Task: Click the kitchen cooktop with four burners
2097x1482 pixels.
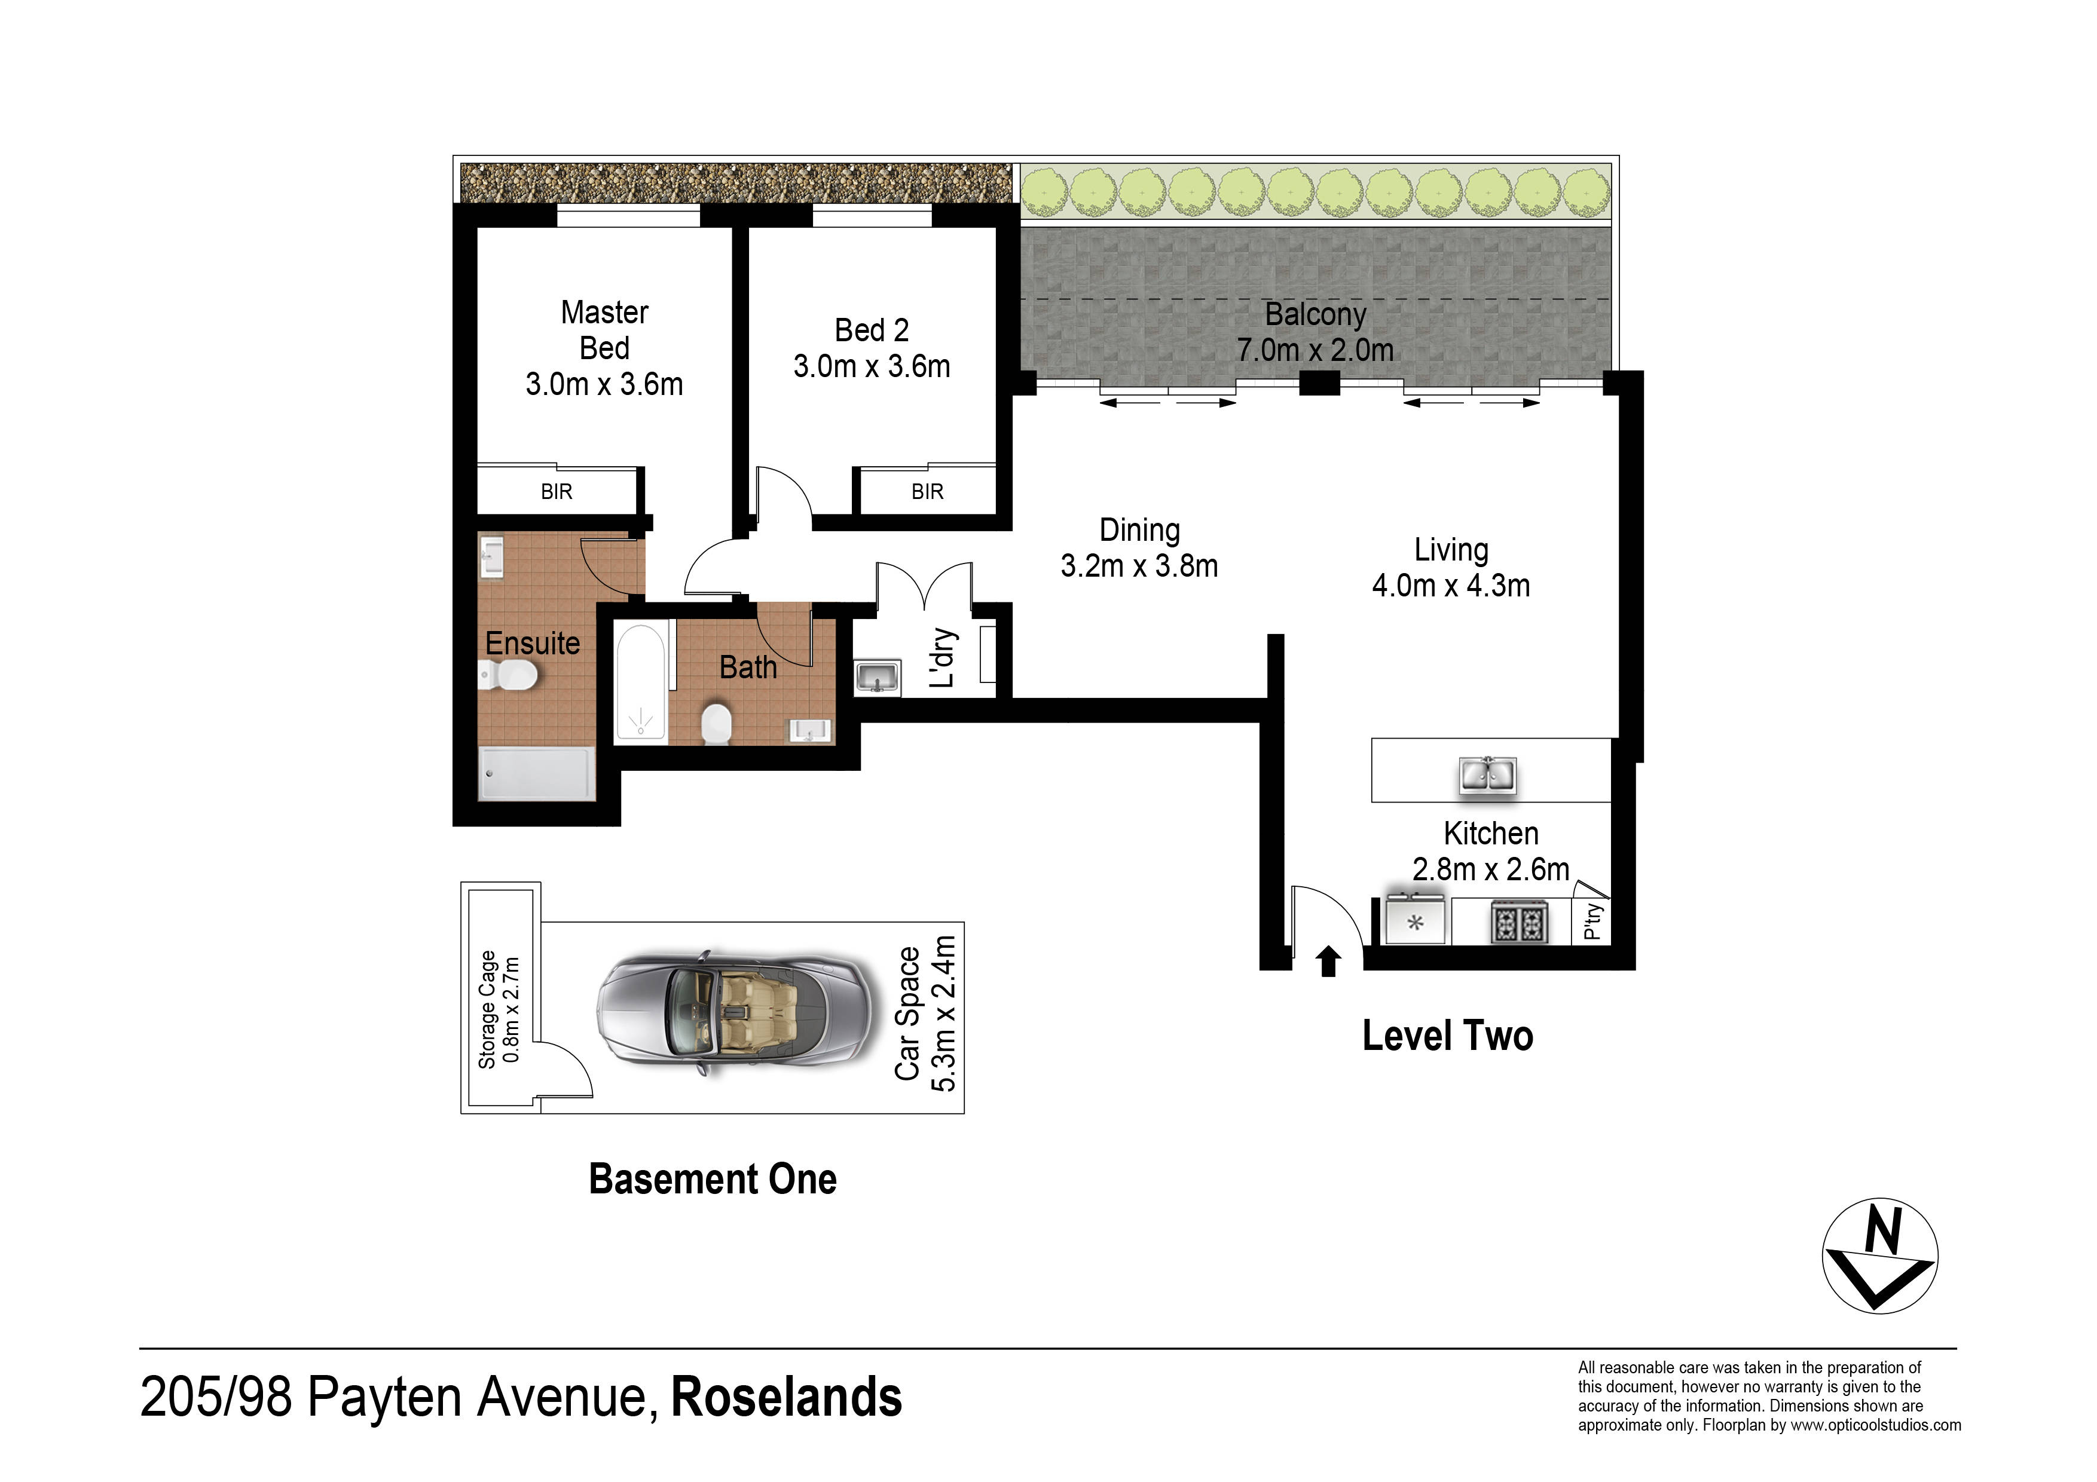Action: [1520, 921]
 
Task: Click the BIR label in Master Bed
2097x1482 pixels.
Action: [556, 492]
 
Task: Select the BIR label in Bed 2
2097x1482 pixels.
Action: [927, 492]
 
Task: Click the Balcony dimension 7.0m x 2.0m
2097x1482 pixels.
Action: [1315, 350]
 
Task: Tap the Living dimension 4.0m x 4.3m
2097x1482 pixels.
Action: [1451, 585]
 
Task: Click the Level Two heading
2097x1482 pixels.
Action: [1448, 1036]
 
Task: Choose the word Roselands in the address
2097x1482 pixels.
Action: [787, 1397]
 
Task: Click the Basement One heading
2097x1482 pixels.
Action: [713, 1179]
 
